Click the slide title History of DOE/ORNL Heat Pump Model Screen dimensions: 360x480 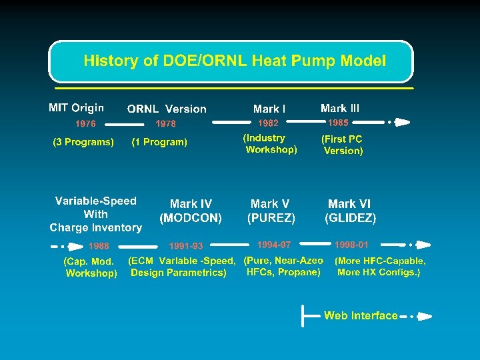[234, 61]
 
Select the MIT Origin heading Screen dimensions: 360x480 [76, 107]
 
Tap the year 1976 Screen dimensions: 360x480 [85, 123]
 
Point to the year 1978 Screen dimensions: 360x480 [165, 123]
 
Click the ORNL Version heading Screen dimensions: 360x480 [167, 109]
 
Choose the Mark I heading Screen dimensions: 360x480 [269, 109]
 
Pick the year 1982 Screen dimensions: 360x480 [268, 123]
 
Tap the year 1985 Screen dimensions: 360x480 [338, 123]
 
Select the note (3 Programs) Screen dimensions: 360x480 [83, 141]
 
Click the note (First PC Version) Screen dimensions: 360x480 [343, 145]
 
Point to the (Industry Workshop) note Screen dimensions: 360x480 [270, 144]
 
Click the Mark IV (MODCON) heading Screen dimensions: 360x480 [191, 211]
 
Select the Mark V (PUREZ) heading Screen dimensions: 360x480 [271, 211]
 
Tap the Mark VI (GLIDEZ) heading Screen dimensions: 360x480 [350, 211]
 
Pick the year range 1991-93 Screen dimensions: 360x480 [186, 246]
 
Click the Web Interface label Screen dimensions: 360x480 [361, 315]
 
